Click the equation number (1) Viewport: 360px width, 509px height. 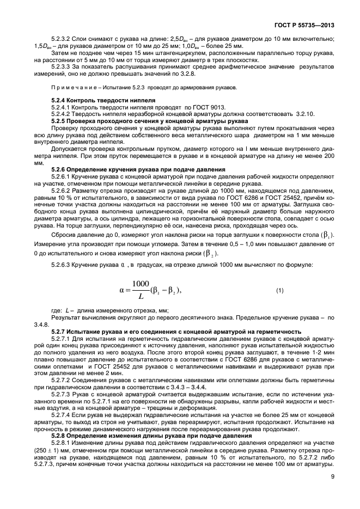click(280, 291)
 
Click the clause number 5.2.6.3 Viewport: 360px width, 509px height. click(62, 264)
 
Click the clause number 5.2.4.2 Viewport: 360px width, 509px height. click(62, 114)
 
